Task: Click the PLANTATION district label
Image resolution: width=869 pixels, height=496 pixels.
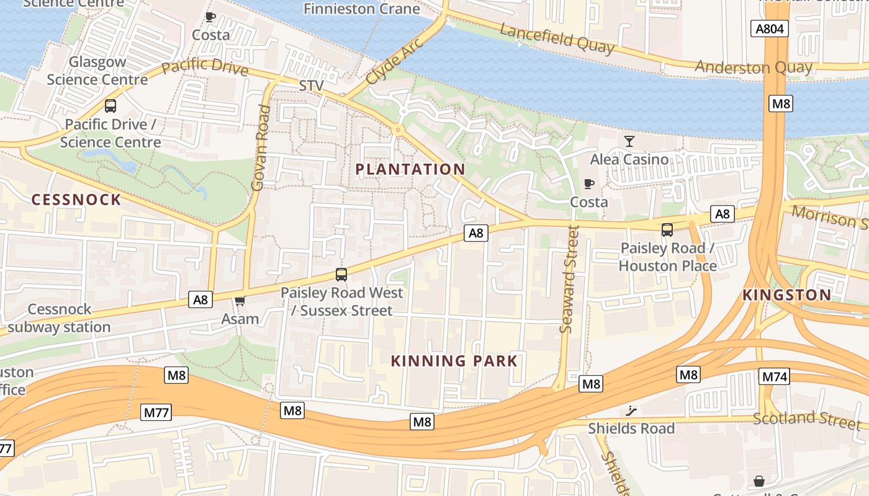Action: pyautogui.click(x=410, y=169)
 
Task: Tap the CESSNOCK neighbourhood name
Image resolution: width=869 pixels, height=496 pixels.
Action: pyautogui.click(x=76, y=200)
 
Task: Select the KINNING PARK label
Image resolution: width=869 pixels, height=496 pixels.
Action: pyautogui.click(x=454, y=361)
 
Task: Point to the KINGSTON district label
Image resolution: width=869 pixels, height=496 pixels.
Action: pyautogui.click(x=786, y=295)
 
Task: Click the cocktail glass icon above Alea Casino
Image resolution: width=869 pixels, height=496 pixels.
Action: pyautogui.click(x=629, y=141)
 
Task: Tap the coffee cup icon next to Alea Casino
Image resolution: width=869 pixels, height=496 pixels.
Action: pyautogui.click(x=588, y=184)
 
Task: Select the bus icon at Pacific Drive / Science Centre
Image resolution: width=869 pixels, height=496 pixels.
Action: pyautogui.click(x=110, y=106)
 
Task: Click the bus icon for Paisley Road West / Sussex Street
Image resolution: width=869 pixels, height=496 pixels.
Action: pyautogui.click(x=341, y=274)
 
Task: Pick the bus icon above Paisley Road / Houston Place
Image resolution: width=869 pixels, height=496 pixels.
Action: pyautogui.click(x=667, y=230)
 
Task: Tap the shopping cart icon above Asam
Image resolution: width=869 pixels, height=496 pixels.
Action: pyautogui.click(x=240, y=301)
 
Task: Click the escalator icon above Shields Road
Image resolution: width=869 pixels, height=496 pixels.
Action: pyautogui.click(x=631, y=410)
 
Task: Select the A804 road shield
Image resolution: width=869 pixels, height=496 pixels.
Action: pyautogui.click(x=769, y=29)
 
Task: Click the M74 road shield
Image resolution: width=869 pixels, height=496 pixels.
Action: pyautogui.click(x=774, y=376)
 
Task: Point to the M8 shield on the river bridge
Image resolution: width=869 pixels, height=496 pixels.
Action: pyautogui.click(x=780, y=104)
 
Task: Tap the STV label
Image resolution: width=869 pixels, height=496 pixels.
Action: pyautogui.click(x=312, y=86)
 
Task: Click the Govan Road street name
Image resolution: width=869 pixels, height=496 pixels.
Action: pyautogui.click(x=261, y=148)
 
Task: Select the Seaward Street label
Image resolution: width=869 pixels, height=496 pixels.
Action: pyautogui.click(x=569, y=279)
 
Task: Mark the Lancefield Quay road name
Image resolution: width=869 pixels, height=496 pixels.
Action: pyautogui.click(x=557, y=39)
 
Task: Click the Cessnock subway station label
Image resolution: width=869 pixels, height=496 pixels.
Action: pyautogui.click(x=59, y=318)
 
